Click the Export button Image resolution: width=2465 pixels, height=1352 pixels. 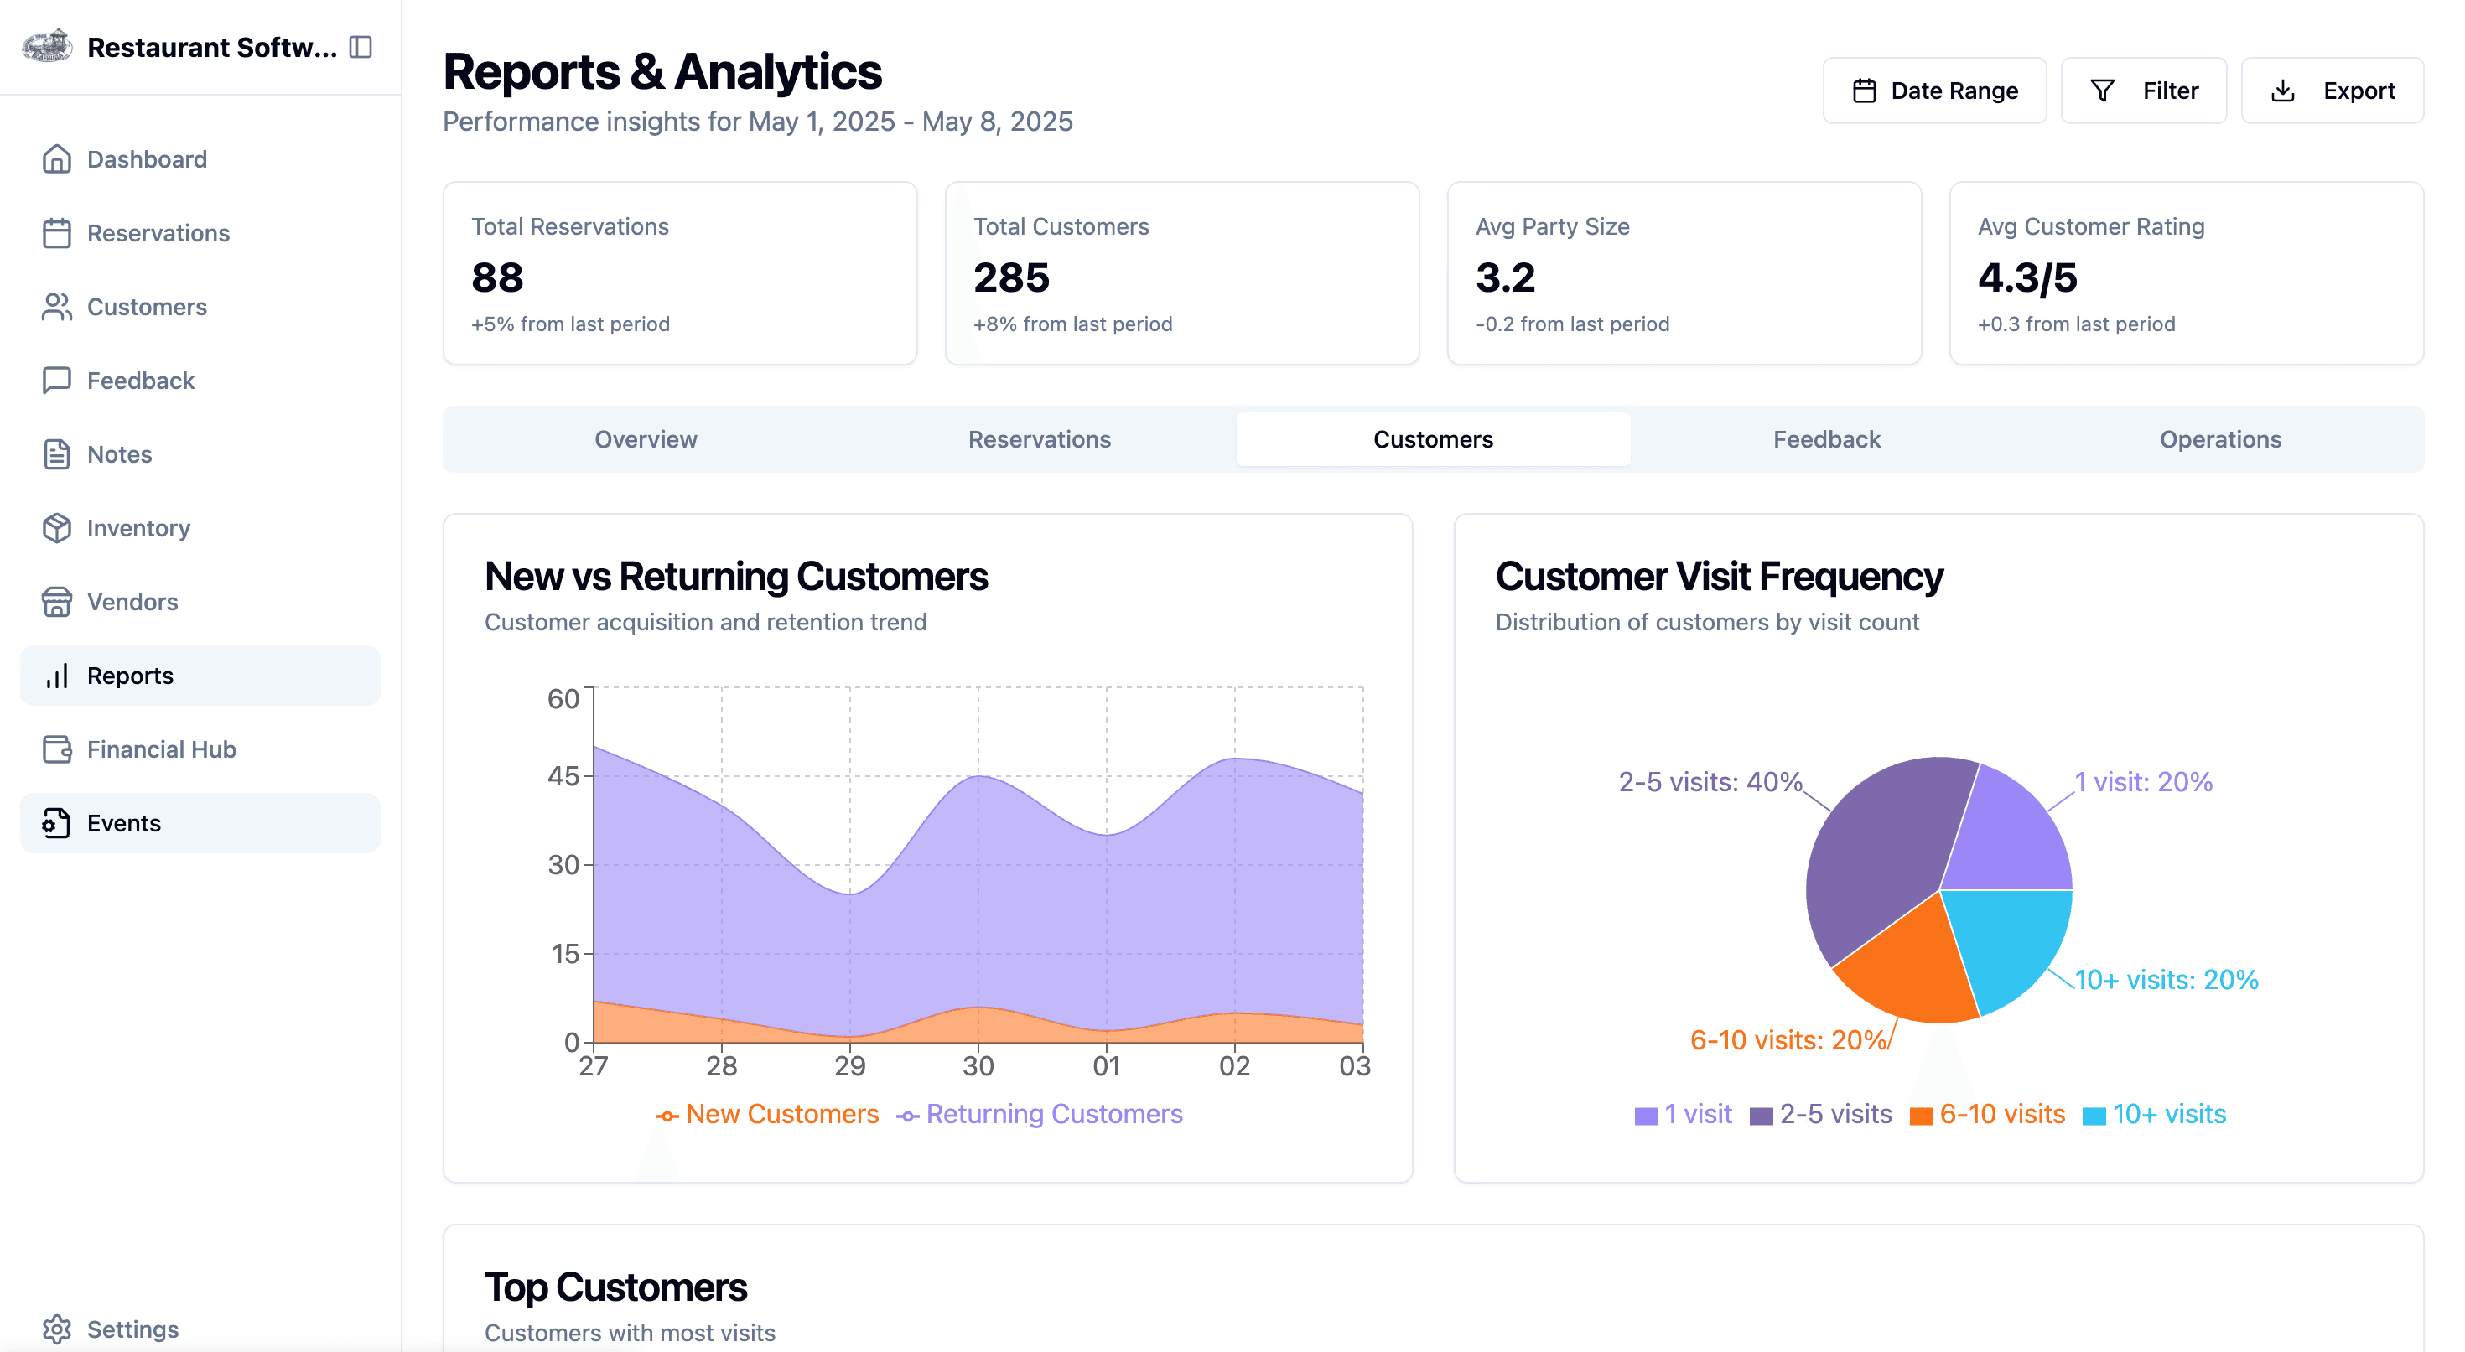pyautogui.click(x=2331, y=91)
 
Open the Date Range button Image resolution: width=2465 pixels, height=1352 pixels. pyautogui.click(x=1934, y=91)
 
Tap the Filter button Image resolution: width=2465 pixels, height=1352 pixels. pyautogui.click(x=2144, y=91)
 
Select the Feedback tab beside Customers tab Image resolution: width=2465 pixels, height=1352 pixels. pyautogui.click(x=1826, y=439)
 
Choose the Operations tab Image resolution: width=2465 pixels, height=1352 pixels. pyautogui.click(x=2220, y=439)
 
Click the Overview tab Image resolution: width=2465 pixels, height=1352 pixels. pyautogui.click(x=646, y=439)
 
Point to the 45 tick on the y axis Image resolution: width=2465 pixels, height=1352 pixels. pyautogui.click(x=563, y=776)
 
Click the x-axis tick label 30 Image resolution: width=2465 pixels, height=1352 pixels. pyautogui.click(x=978, y=1066)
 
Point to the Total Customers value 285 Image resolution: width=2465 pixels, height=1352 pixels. pyautogui.click(x=1011, y=277)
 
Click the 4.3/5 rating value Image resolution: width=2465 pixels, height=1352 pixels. pyautogui.click(x=2027, y=277)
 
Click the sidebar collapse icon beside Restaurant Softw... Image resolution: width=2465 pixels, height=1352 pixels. pyautogui.click(x=361, y=47)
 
